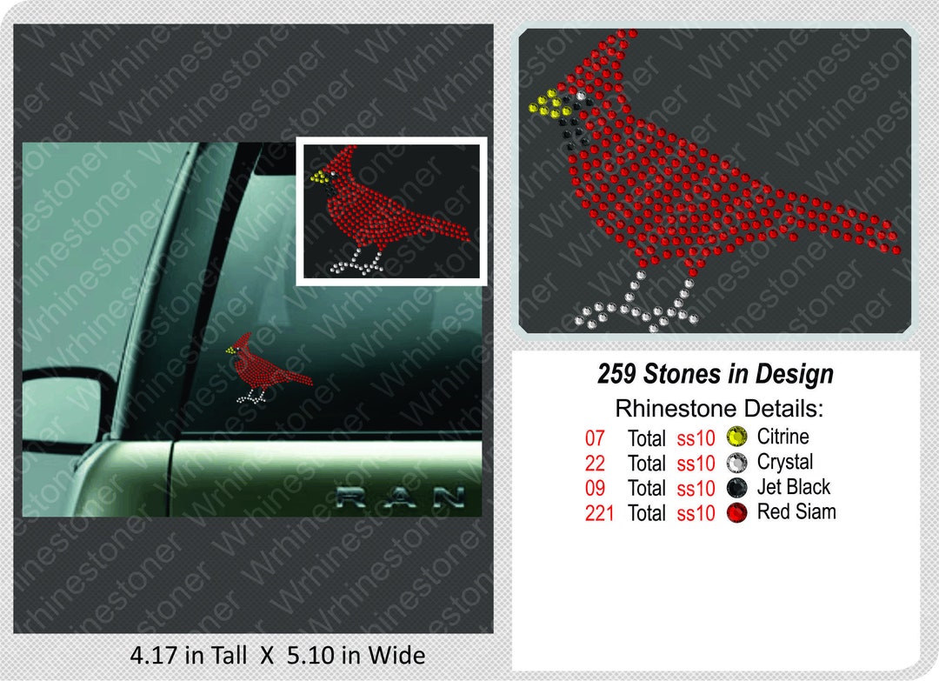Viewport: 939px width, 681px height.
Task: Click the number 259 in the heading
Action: point(617,375)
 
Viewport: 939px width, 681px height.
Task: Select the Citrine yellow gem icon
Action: point(736,437)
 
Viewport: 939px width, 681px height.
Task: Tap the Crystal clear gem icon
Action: point(736,463)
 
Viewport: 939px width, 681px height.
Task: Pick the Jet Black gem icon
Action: point(736,488)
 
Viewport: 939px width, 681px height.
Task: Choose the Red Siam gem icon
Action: point(736,513)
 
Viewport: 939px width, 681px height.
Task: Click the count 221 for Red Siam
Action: point(600,513)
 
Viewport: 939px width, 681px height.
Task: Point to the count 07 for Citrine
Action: point(596,437)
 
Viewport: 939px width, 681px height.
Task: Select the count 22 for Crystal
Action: point(596,463)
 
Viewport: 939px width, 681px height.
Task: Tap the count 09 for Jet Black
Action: point(596,488)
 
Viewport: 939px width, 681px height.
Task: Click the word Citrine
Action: point(782,437)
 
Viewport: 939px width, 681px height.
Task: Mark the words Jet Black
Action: point(794,487)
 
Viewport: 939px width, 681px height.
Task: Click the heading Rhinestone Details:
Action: point(718,409)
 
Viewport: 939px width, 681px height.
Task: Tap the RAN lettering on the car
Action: point(400,497)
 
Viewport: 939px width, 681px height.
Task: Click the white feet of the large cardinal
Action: point(639,304)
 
